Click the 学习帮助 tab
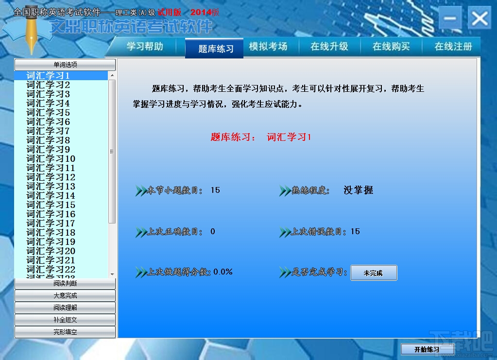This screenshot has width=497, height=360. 145,47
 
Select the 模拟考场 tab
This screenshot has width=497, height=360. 268,47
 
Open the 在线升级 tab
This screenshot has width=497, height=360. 329,47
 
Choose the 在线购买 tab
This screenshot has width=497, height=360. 391,47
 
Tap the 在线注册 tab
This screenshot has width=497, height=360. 453,47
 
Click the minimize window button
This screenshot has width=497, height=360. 450,18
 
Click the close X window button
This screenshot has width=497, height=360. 480,18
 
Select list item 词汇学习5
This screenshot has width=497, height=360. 48,113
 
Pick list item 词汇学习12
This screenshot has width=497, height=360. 51,177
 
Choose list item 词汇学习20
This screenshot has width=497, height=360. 51,251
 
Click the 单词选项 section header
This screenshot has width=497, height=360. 65,65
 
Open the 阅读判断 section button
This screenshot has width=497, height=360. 65,283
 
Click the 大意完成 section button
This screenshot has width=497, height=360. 65,296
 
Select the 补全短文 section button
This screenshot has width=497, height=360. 65,320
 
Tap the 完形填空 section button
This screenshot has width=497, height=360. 65,332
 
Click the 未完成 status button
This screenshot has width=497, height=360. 374,273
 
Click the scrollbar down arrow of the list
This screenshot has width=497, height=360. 112,274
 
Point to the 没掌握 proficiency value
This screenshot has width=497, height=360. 359,190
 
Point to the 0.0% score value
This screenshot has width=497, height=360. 223,272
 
